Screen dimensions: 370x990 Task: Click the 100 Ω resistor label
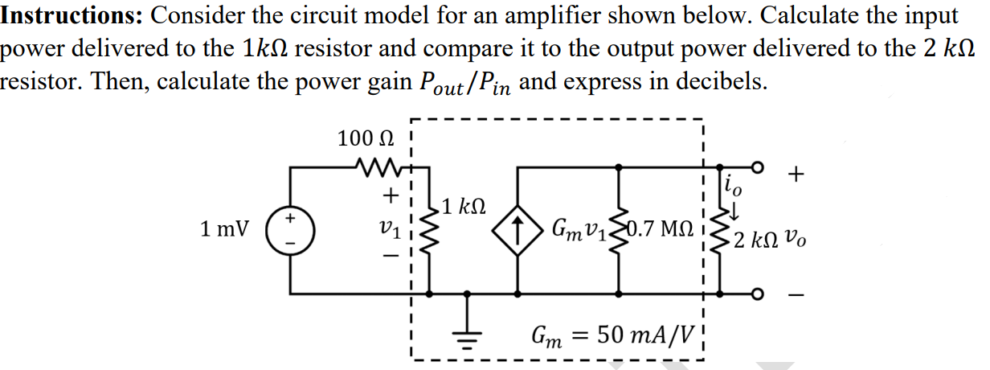click(366, 138)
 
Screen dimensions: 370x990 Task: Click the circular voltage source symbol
click(290, 228)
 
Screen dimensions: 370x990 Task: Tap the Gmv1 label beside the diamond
click(576, 229)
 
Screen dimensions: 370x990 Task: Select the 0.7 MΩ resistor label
click(661, 229)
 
